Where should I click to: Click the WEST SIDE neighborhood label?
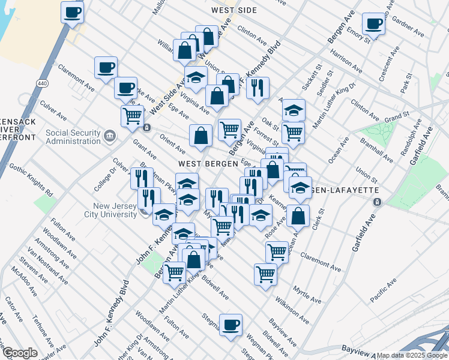[x=234, y=10]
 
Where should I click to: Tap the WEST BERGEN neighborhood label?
[x=203, y=164]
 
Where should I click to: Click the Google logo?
[x=19, y=353]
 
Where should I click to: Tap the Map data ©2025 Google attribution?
[x=412, y=355]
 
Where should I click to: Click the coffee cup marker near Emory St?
[x=374, y=24]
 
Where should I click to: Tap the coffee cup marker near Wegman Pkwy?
[x=231, y=325]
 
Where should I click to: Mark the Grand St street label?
[x=397, y=115]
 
